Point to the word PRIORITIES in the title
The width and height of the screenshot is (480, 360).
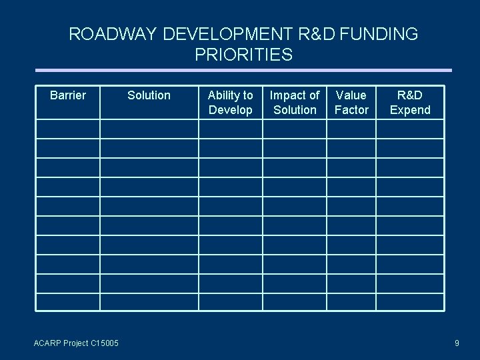pos(243,55)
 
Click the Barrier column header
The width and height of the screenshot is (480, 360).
pos(68,95)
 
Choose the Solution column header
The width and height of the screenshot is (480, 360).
pos(149,95)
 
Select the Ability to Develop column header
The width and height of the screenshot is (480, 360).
pos(231,103)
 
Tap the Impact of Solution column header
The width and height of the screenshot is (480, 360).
pos(295,103)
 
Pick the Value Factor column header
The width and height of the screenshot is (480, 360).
pos(351,103)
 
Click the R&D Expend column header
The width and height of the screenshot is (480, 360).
pos(410,103)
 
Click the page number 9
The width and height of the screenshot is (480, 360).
pos(457,343)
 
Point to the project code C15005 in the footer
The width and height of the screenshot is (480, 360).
pos(97,343)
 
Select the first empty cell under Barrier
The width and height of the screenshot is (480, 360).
pos(68,129)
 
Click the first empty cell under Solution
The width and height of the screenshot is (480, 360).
pos(149,129)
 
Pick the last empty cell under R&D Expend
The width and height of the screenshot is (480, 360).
pos(410,302)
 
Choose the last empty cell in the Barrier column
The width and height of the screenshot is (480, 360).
pos(68,302)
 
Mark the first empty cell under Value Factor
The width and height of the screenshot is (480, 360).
pos(351,129)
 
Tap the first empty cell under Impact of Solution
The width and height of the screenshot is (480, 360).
pos(295,129)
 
